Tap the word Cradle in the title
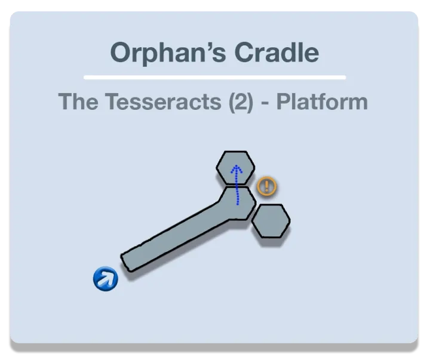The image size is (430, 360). pyautogui.click(x=277, y=52)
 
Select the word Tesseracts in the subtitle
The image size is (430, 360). pyautogui.click(x=163, y=101)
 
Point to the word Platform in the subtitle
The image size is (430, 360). pyautogui.click(x=322, y=101)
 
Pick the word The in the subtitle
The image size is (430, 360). pyautogui.click(x=78, y=101)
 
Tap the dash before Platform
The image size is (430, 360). pyautogui.click(x=265, y=104)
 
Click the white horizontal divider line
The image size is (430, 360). pyautogui.click(x=215, y=78)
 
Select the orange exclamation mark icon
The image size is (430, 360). pyautogui.click(x=267, y=186)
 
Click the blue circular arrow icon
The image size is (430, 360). pyautogui.click(x=106, y=279)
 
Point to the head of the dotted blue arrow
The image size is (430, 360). pyautogui.click(x=236, y=166)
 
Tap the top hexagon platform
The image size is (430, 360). pyautogui.click(x=235, y=168)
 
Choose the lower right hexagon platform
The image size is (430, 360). pyautogui.click(x=271, y=221)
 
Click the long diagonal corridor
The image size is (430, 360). pyautogui.click(x=176, y=236)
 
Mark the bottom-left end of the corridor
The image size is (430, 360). pyautogui.click(x=126, y=263)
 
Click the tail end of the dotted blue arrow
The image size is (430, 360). pyautogui.click(x=238, y=204)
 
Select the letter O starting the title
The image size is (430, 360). pyautogui.click(x=121, y=53)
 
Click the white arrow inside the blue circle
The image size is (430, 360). pyautogui.click(x=106, y=278)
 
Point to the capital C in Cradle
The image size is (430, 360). pyautogui.click(x=244, y=53)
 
